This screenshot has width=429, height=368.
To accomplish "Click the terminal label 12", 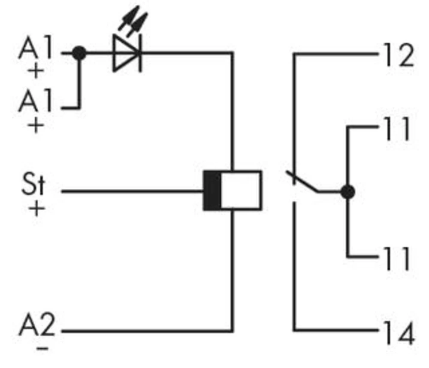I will tap(399, 56).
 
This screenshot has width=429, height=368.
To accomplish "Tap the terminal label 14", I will tap(399, 333).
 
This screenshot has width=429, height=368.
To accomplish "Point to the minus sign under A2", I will tap(42, 347).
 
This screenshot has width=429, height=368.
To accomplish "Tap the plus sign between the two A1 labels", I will tap(36, 71).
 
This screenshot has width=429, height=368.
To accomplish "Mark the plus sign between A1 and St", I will tap(36, 126).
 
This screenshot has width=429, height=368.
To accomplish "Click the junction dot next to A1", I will tap(79, 53).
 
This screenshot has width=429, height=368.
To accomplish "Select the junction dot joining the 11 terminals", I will tap(348, 192).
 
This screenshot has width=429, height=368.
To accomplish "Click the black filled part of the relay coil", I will tap(212, 190).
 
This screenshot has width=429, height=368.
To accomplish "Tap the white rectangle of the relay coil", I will tap(241, 190).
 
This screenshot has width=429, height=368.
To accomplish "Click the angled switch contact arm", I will tap(302, 182).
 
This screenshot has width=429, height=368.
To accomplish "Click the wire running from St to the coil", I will tap(133, 191).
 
